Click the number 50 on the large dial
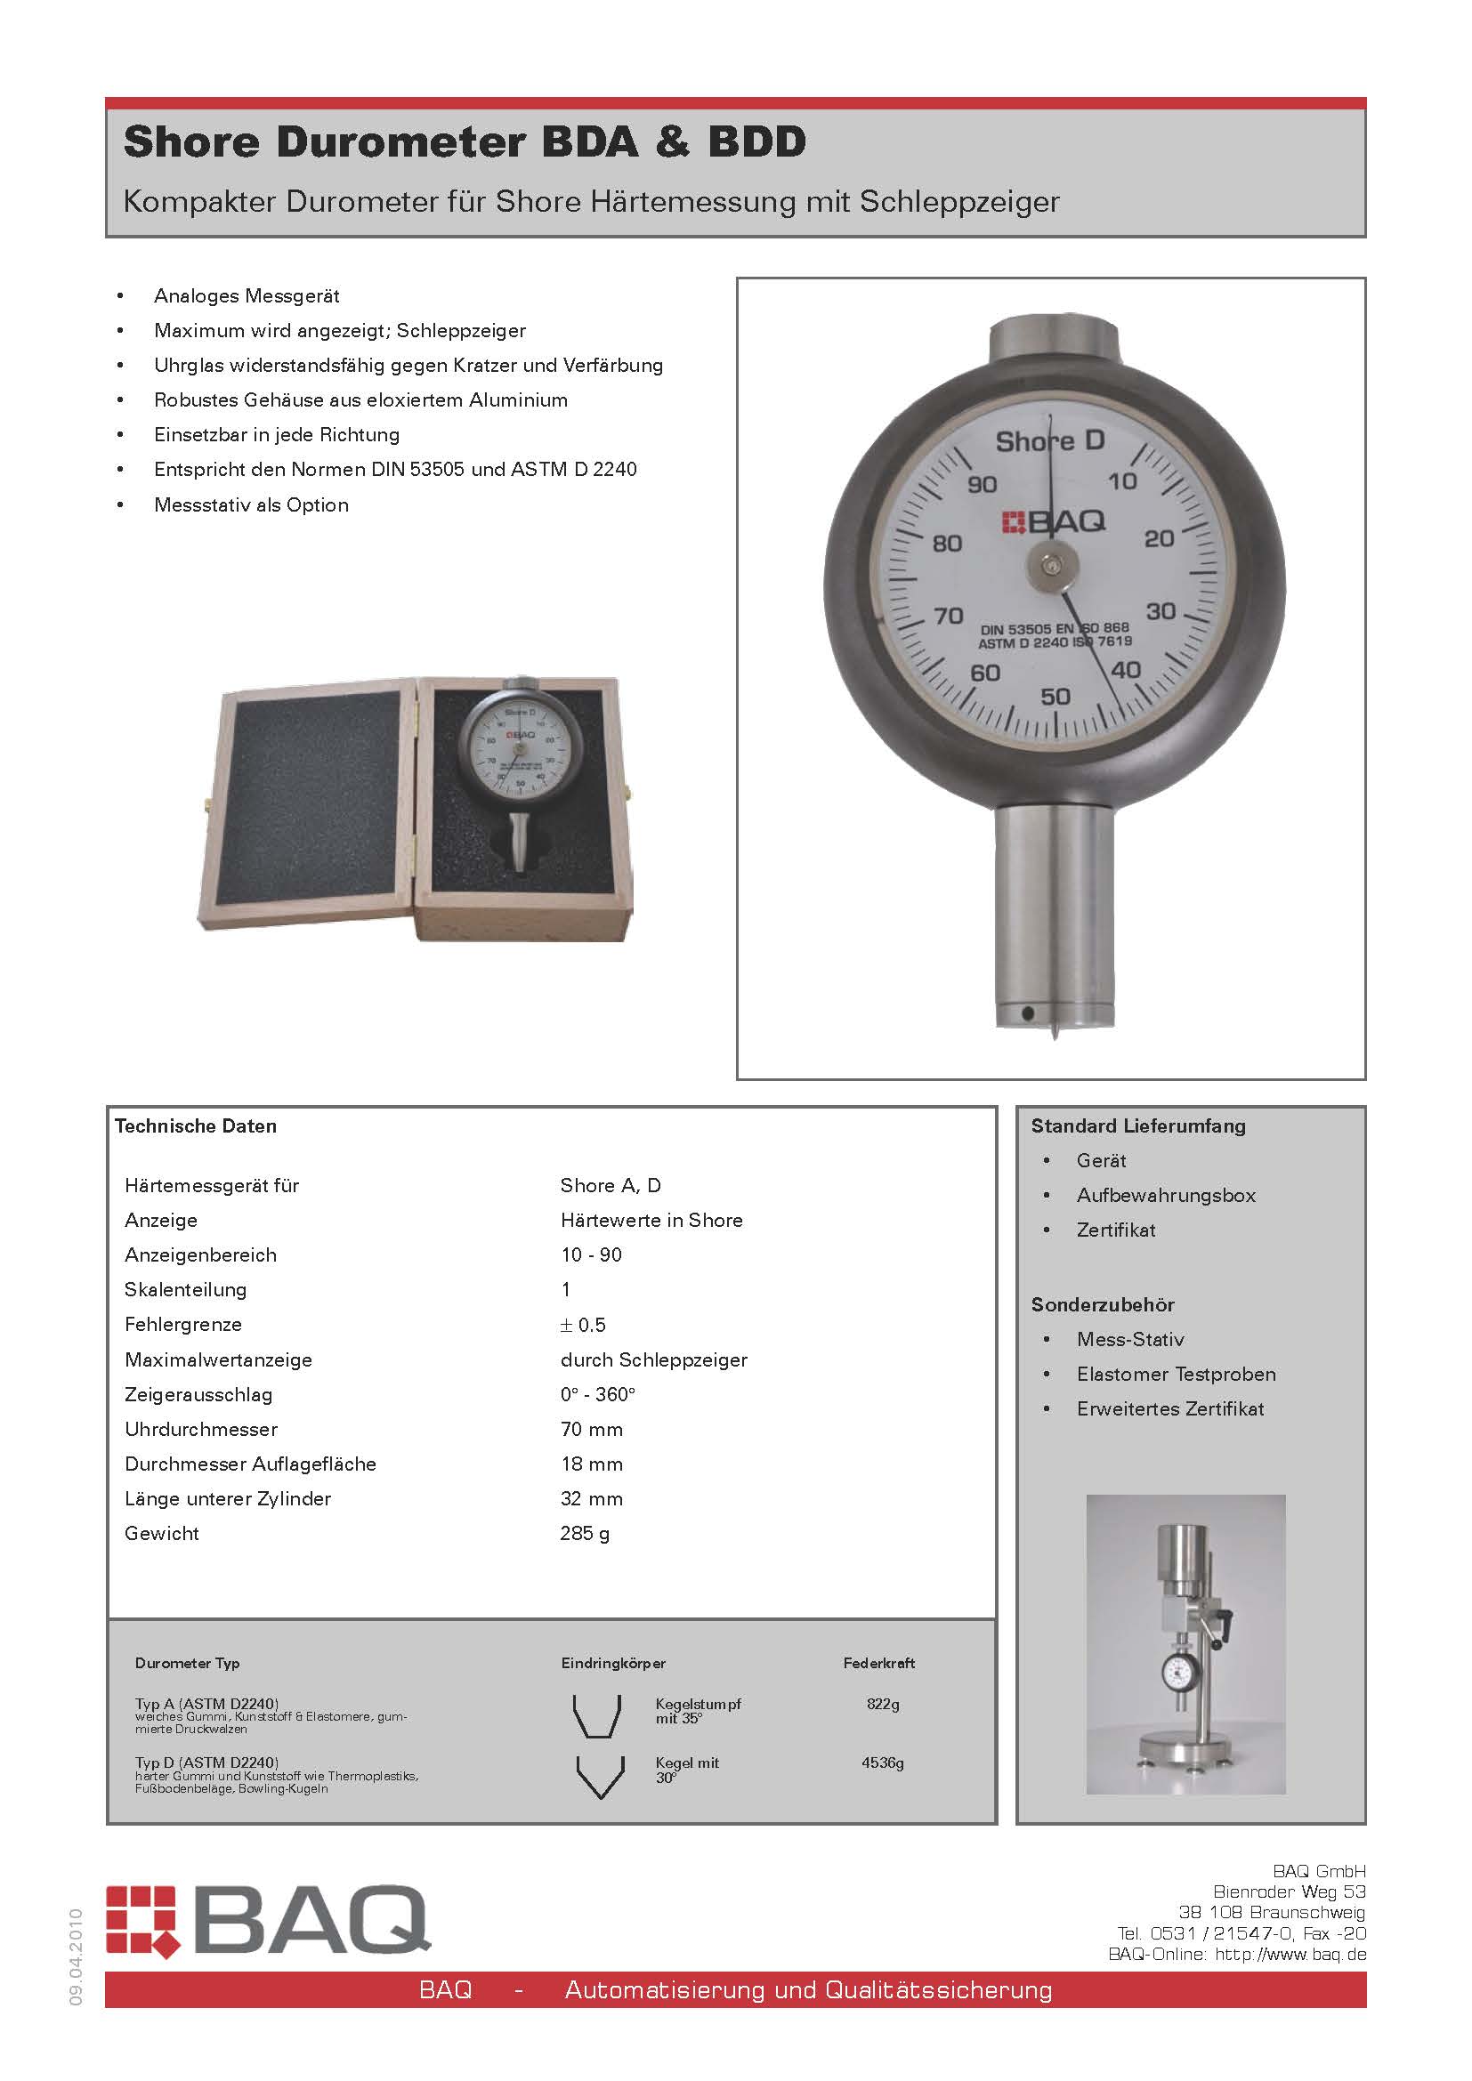(x=1055, y=696)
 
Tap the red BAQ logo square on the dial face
(x=1013, y=521)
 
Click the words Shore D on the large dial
(x=1049, y=441)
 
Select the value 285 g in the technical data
(x=585, y=1533)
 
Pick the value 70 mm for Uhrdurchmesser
(x=591, y=1429)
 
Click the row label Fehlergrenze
(x=183, y=1324)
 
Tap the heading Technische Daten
(x=196, y=1125)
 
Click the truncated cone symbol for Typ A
(x=596, y=1715)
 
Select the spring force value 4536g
(x=882, y=1762)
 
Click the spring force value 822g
(x=882, y=1704)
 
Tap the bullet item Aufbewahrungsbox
(x=1166, y=1195)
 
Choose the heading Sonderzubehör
(x=1102, y=1304)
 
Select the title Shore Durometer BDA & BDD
(x=464, y=142)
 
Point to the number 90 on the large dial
(x=982, y=484)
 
